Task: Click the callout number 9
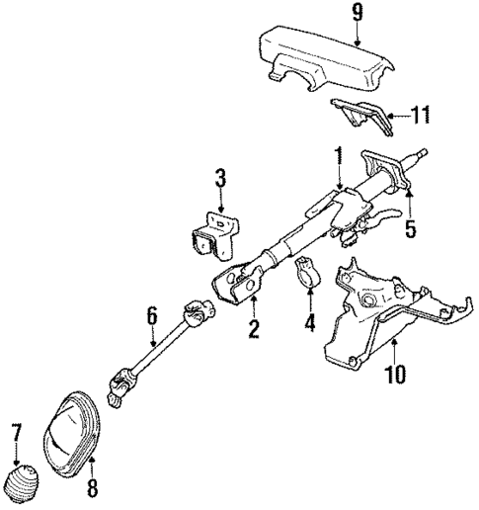pyautogui.click(x=330, y=15)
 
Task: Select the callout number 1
pyautogui.click(x=338, y=155)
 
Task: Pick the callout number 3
pyautogui.click(x=220, y=178)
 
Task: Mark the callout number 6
pyautogui.click(x=152, y=315)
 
